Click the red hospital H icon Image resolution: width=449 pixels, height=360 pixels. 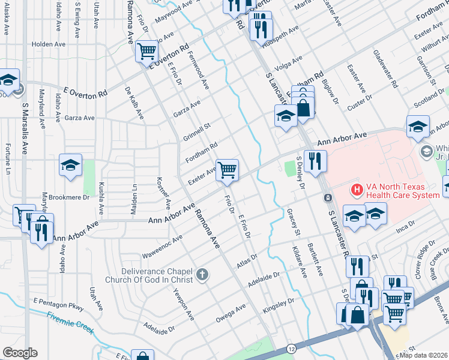357,190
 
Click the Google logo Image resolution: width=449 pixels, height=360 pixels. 20,353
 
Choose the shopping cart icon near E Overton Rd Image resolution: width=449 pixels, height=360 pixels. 146,51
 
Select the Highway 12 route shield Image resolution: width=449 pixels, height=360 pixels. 291,349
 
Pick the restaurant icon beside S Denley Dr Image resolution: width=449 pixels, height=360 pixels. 314,160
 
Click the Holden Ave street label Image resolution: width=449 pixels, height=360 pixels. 49,44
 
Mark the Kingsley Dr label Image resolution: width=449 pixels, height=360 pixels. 279,306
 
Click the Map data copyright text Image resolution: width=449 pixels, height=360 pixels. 424,355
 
